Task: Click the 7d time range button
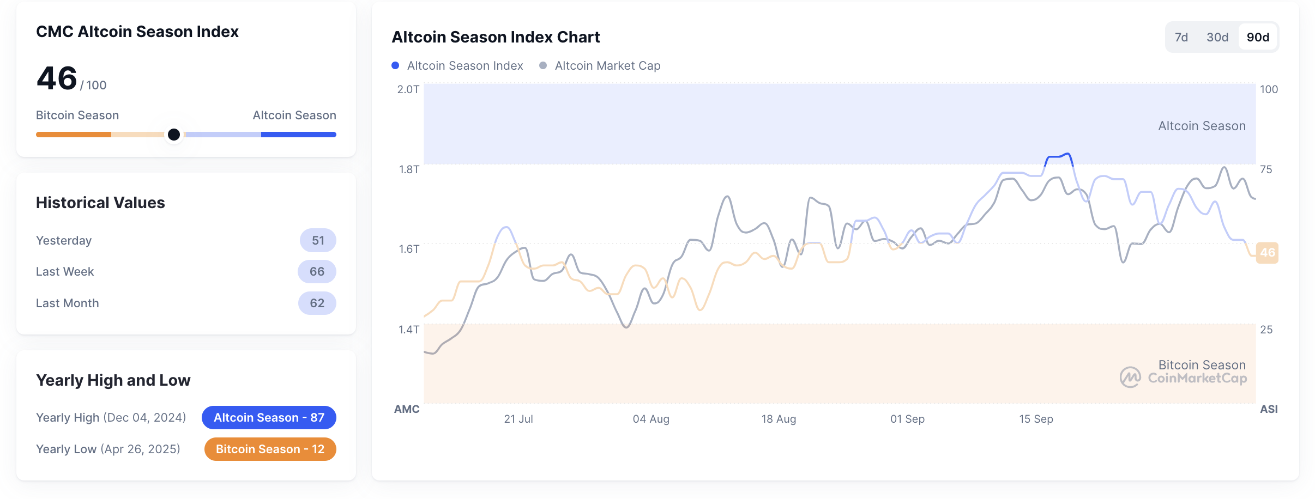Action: [1181, 37]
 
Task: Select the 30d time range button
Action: [1217, 37]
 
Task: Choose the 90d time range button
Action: [1258, 37]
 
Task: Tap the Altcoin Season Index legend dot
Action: [395, 65]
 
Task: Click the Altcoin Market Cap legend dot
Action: [543, 65]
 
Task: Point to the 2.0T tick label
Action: [408, 89]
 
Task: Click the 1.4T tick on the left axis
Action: [409, 329]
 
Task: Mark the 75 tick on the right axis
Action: [1266, 169]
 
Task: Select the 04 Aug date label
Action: [650, 419]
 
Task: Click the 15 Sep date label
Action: [1036, 419]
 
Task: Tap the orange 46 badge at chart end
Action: [1267, 253]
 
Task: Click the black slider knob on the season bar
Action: [174, 135]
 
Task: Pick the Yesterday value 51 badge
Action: [318, 240]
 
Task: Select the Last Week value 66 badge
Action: [317, 272]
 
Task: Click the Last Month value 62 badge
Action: [317, 303]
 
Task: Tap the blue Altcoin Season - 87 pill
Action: [269, 418]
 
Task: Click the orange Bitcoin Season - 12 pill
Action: [270, 449]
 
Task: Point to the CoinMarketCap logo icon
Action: [1130, 377]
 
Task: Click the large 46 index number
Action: [57, 78]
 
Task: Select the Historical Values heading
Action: [100, 203]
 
